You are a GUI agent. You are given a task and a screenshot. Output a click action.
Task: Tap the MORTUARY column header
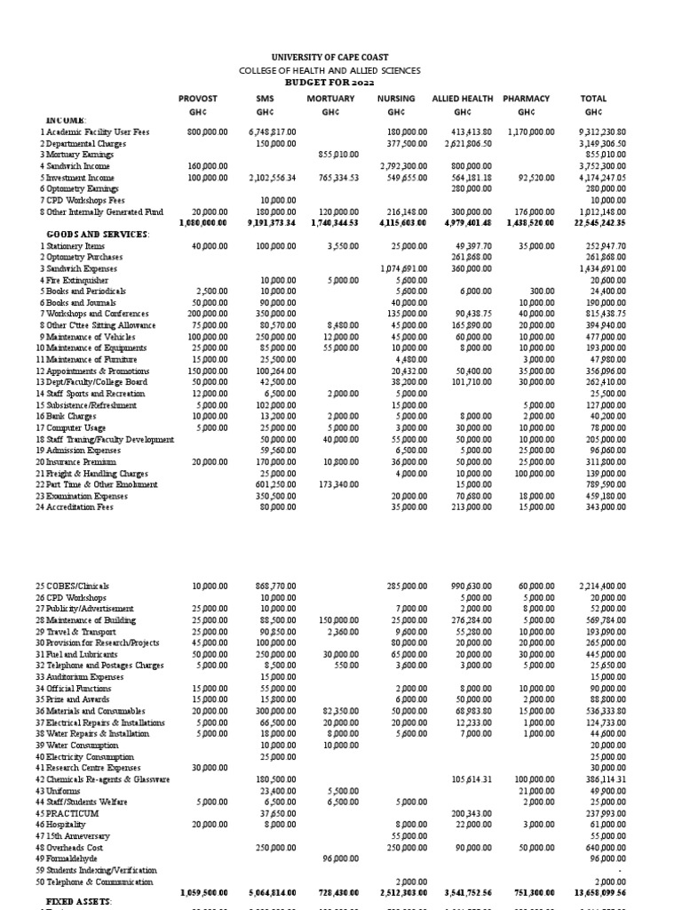[330, 99]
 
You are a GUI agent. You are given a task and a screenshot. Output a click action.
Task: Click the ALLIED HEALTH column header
[462, 99]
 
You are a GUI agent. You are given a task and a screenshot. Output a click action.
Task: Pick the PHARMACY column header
[526, 99]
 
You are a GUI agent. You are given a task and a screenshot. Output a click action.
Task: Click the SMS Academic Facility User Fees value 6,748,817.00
[270, 132]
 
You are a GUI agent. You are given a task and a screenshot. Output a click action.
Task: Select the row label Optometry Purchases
[83, 257]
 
